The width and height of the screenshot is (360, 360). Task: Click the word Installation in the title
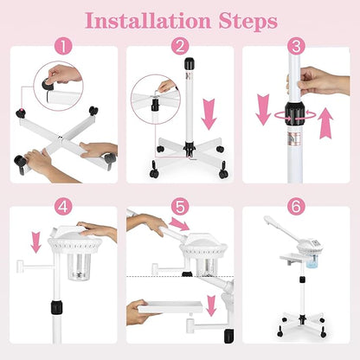148,21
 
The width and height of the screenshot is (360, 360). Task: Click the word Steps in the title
247,22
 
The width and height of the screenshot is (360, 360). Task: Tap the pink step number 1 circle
63,47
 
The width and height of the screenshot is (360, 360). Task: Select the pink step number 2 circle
180,47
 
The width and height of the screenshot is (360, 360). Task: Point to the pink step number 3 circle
296,47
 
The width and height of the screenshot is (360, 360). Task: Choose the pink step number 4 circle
63,207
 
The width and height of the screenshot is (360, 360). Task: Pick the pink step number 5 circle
180,207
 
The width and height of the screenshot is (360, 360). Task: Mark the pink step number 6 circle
296,207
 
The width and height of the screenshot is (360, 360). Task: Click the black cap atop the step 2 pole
190,63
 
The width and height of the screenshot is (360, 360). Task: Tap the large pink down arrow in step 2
209,114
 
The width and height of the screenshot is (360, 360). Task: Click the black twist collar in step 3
295,113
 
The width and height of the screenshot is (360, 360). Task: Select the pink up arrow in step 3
325,123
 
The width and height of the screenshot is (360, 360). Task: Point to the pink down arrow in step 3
263,110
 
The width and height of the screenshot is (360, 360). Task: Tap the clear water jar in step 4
80,267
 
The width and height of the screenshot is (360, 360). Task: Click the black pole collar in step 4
57,307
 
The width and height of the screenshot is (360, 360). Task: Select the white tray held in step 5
170,307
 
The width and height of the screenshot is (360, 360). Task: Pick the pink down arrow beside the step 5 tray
211,305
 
